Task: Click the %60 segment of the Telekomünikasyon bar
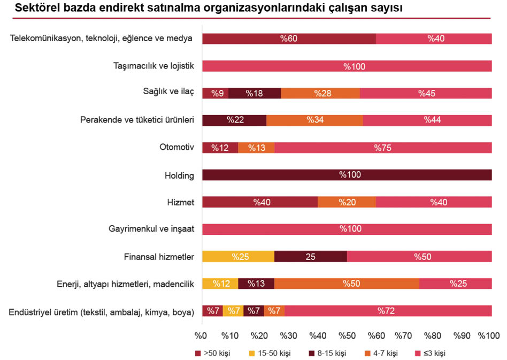289,39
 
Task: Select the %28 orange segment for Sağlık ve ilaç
320,93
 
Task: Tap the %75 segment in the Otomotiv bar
383,148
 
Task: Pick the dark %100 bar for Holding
347,175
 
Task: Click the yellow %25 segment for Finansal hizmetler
238,257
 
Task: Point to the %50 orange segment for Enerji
347,284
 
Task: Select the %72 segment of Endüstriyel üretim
388,311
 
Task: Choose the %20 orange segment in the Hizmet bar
347,202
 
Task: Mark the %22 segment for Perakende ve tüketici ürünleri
234,120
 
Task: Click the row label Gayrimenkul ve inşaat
151,229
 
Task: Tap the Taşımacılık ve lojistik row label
153,66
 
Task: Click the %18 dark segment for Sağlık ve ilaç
255,93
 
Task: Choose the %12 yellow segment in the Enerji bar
220,284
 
